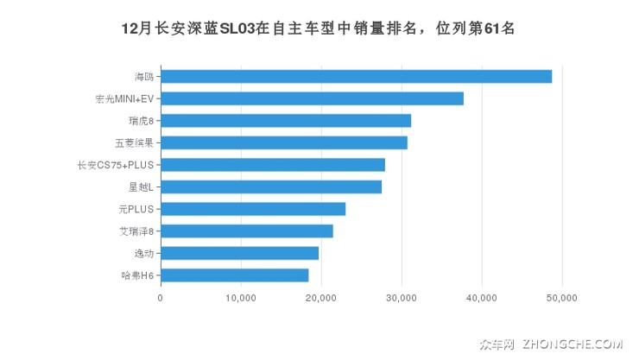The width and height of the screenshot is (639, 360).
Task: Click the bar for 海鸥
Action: coord(356,77)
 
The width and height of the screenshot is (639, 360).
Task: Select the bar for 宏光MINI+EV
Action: coord(312,98)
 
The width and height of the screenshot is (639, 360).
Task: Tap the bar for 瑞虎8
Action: coord(286,121)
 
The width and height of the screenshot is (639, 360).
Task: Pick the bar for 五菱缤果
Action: coord(284,142)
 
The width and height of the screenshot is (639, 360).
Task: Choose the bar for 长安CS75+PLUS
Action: coord(273,165)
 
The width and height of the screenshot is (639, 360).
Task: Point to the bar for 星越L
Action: coord(271,186)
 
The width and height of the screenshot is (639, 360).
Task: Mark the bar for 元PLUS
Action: coord(253,209)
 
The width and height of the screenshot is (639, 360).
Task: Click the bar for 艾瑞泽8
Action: coord(247,231)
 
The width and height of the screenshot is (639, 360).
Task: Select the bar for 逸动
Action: coord(239,253)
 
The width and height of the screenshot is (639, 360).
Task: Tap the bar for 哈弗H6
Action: coord(235,275)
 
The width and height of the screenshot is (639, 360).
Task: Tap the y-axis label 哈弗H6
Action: coord(137,275)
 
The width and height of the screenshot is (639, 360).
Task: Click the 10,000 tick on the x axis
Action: coord(240,298)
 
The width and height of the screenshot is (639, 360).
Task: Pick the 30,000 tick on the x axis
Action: coord(402,298)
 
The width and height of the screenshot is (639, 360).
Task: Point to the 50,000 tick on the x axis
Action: coord(562,298)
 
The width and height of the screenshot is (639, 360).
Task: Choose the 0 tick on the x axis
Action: coord(161,298)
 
